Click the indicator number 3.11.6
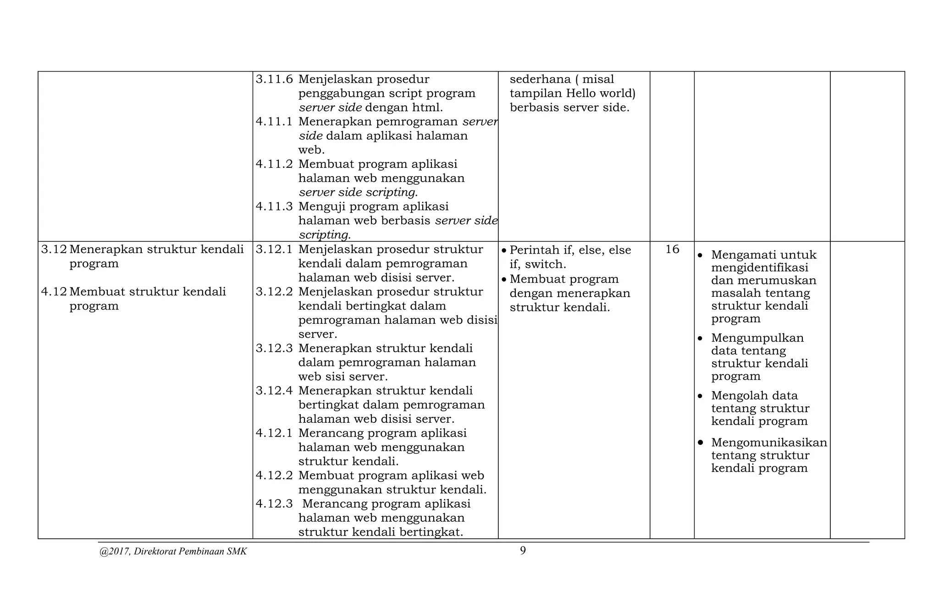tap(274, 79)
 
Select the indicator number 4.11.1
tap(274, 122)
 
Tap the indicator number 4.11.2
tap(274, 164)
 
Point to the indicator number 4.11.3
tap(274, 206)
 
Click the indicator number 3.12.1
tap(274, 249)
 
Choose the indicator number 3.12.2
tap(274, 292)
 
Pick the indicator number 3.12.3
tap(274, 348)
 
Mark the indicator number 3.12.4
tap(274, 391)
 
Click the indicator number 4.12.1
tap(274, 433)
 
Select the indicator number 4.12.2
tap(274, 476)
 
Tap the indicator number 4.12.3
tap(274, 504)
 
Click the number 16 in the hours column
tap(672, 249)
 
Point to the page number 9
tap(523, 551)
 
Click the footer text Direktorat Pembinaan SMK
tap(190, 552)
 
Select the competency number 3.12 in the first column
tap(54, 249)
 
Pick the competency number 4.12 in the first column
tap(54, 292)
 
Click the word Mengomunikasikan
tap(769, 443)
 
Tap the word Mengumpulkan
tap(757, 338)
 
